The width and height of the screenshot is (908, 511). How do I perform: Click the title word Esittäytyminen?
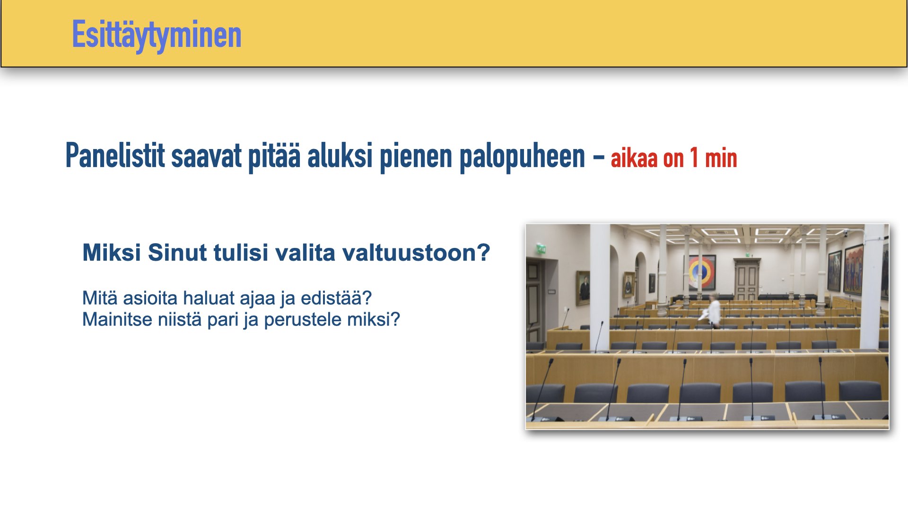pos(157,35)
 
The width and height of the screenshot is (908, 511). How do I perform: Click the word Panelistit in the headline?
pos(115,156)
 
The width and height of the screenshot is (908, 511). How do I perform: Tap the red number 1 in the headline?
pos(694,158)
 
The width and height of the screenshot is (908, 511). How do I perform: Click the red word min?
pos(721,158)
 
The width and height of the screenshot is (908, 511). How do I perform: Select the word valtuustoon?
pos(416,253)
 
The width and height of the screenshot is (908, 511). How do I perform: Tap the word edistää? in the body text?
pos(336,298)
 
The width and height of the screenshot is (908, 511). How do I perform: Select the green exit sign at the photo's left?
pos(541,249)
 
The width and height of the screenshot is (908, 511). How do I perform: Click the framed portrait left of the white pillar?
pos(583,288)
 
